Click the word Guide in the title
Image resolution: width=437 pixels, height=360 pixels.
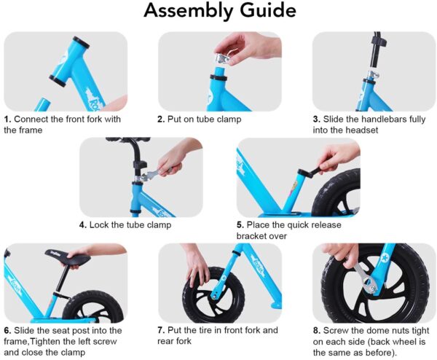[x=266, y=12]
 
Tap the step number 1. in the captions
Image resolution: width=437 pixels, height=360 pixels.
[x=7, y=119]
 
